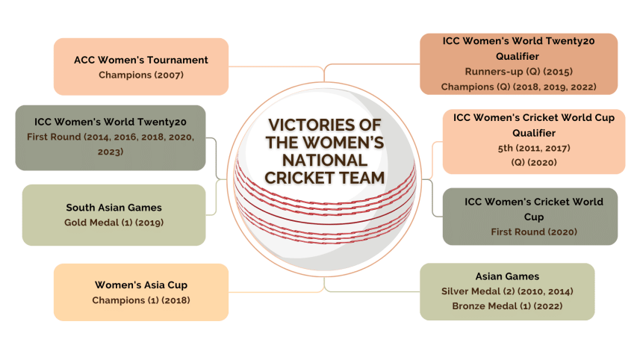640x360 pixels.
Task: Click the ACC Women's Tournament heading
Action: click(x=140, y=60)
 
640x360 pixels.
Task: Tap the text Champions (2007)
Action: click(x=140, y=75)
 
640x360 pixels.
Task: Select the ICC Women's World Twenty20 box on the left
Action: click(x=111, y=137)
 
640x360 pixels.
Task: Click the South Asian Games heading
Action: click(x=114, y=208)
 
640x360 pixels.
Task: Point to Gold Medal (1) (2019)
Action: click(x=114, y=222)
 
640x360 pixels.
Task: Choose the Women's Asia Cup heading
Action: click(x=140, y=285)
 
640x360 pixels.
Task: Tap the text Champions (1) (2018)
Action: click(x=140, y=300)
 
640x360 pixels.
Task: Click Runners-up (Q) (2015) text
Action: click(x=518, y=72)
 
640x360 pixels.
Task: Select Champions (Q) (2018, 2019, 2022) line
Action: click(x=518, y=87)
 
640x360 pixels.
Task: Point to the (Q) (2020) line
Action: click(x=533, y=161)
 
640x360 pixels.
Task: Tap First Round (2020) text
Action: click(x=533, y=232)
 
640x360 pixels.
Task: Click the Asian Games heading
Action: click(x=507, y=276)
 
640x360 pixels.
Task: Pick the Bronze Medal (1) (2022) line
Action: click(x=507, y=305)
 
